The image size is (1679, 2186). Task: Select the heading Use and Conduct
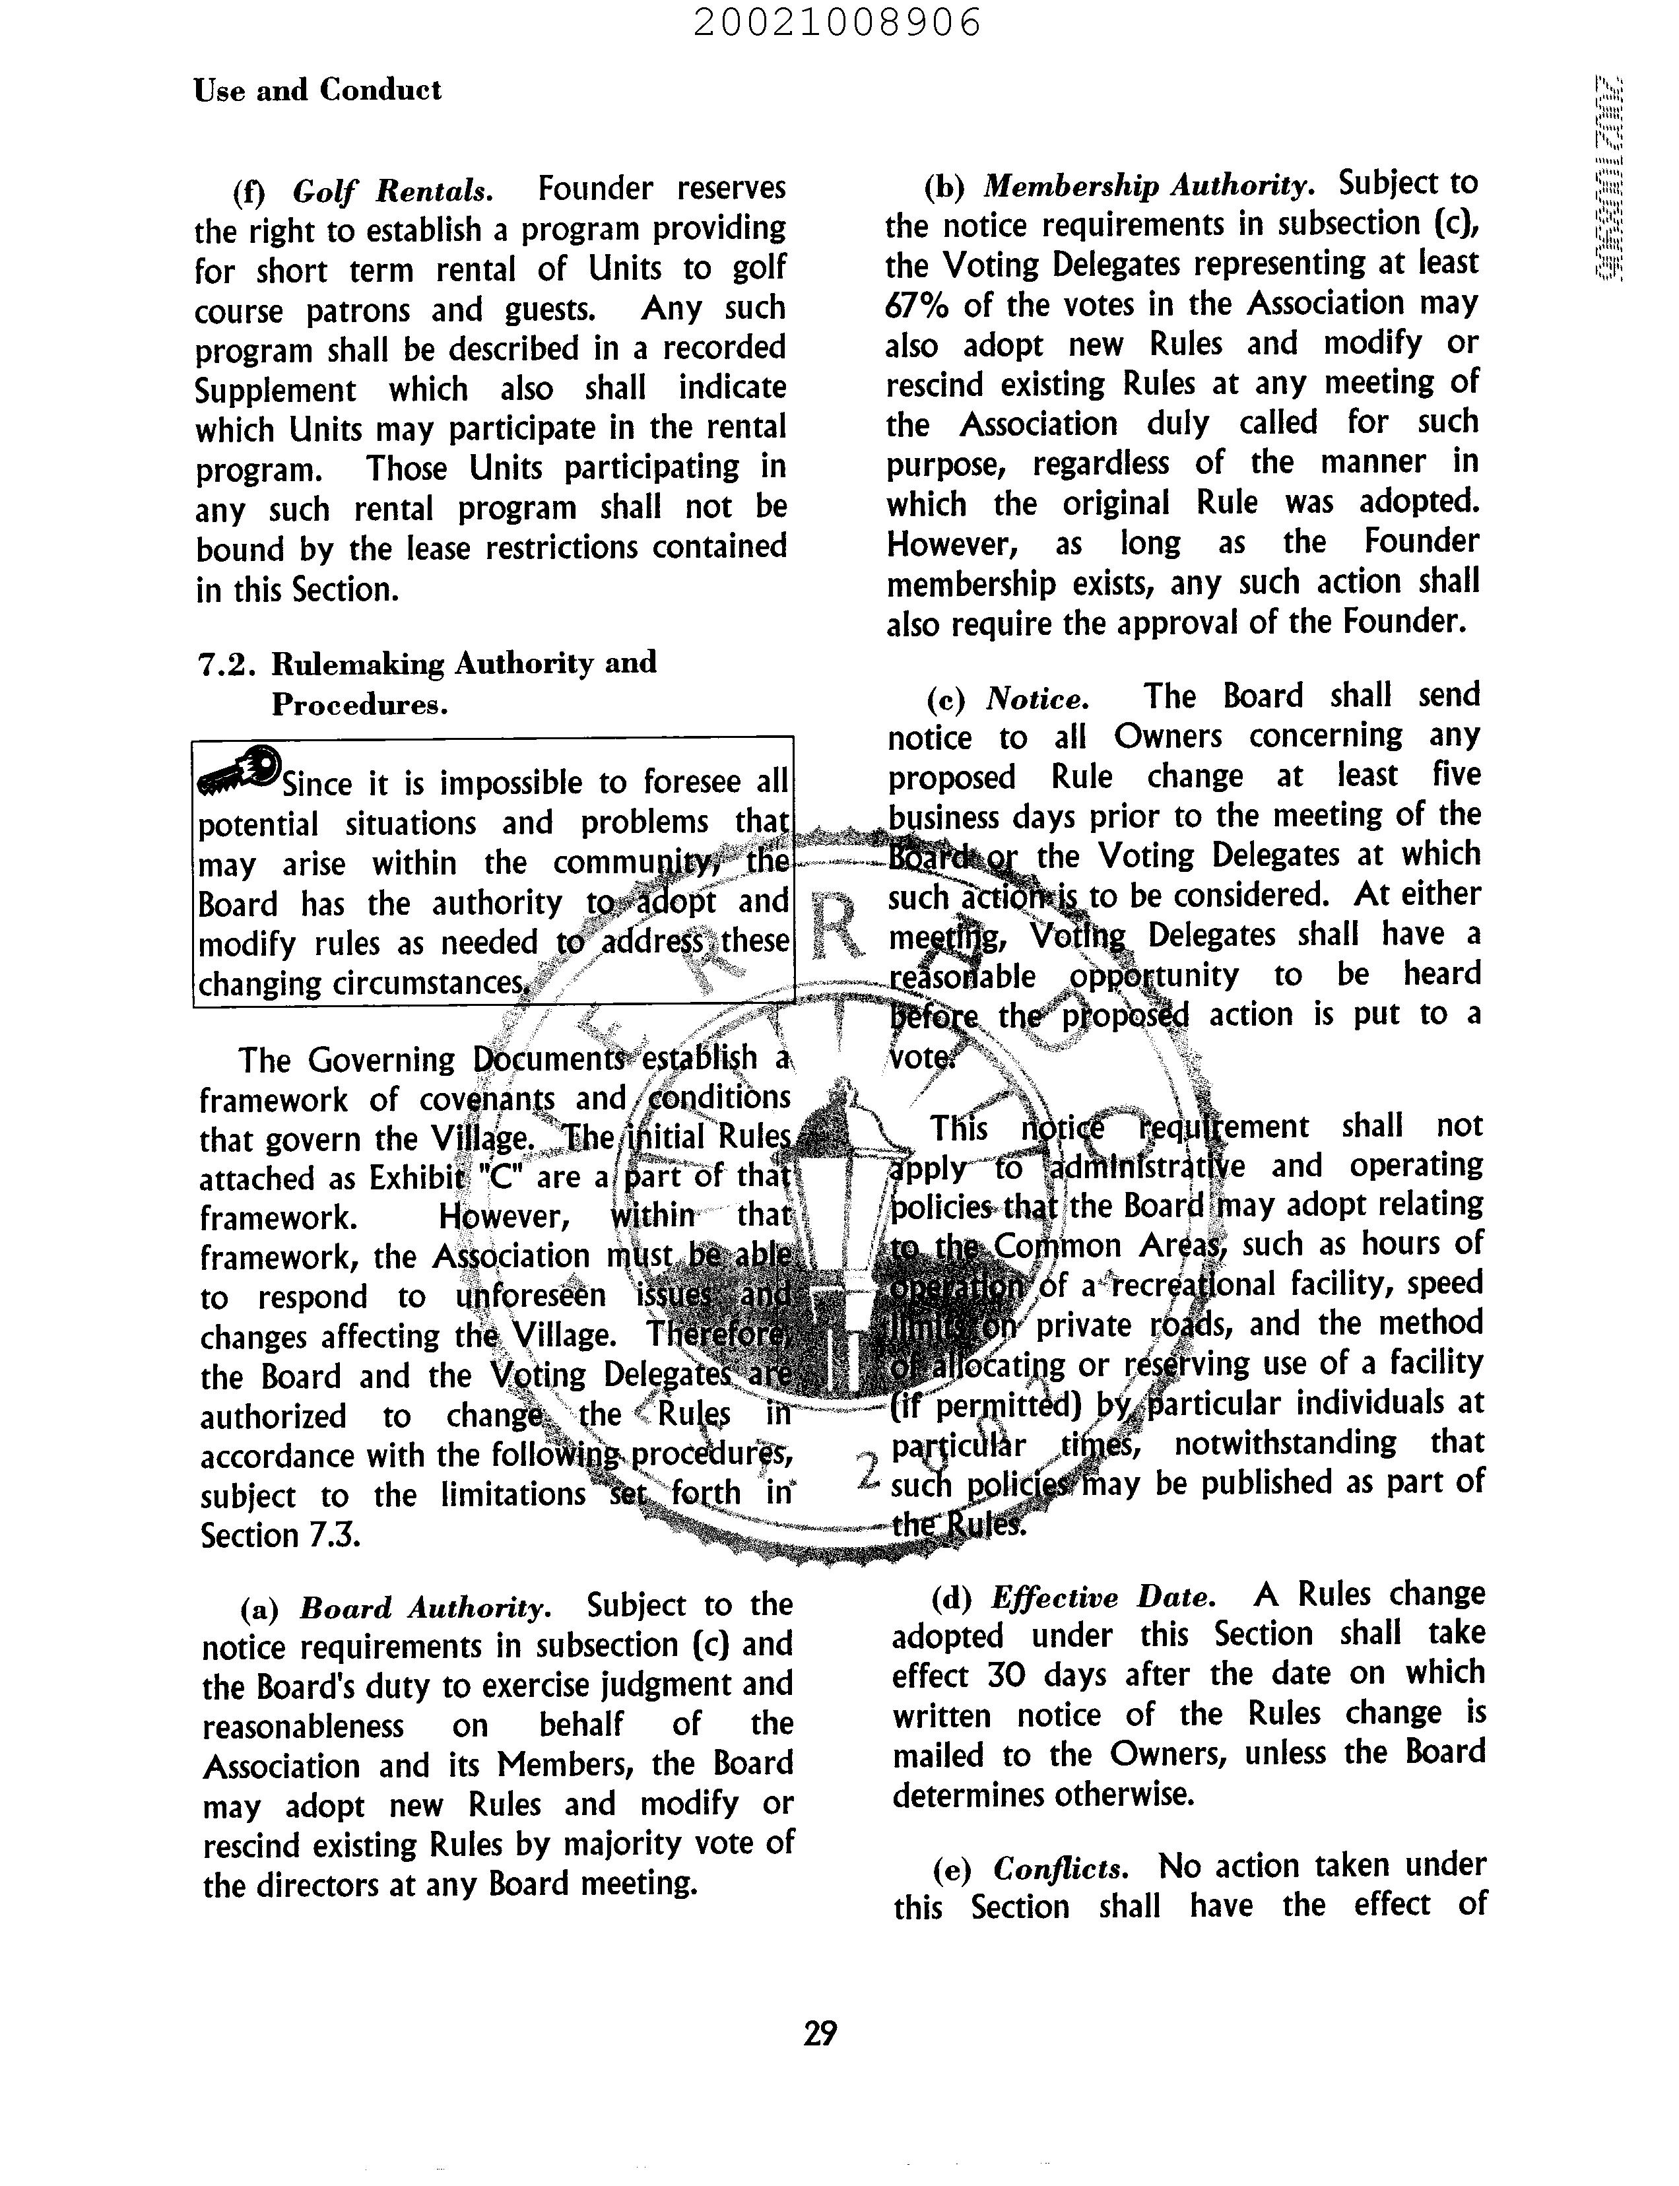[x=317, y=90]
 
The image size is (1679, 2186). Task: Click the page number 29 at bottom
[x=820, y=2033]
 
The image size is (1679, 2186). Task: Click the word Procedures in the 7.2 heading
[x=359, y=706]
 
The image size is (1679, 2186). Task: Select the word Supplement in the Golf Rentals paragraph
[x=275, y=390]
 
